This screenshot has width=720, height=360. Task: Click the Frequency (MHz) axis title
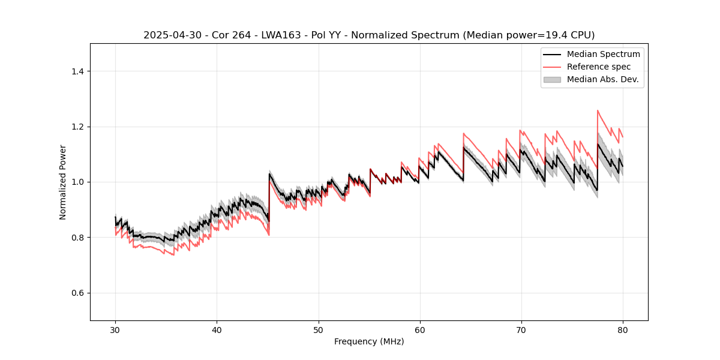pyautogui.click(x=369, y=341)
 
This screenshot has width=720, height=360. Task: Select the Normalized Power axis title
pyautogui.click(x=63, y=182)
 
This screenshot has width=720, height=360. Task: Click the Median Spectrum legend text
pyautogui.click(x=603, y=54)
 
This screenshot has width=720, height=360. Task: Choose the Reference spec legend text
pyautogui.click(x=598, y=67)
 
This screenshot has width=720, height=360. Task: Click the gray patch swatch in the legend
pyautogui.click(x=552, y=79)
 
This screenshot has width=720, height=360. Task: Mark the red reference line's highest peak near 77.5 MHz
pyautogui.click(x=598, y=110)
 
